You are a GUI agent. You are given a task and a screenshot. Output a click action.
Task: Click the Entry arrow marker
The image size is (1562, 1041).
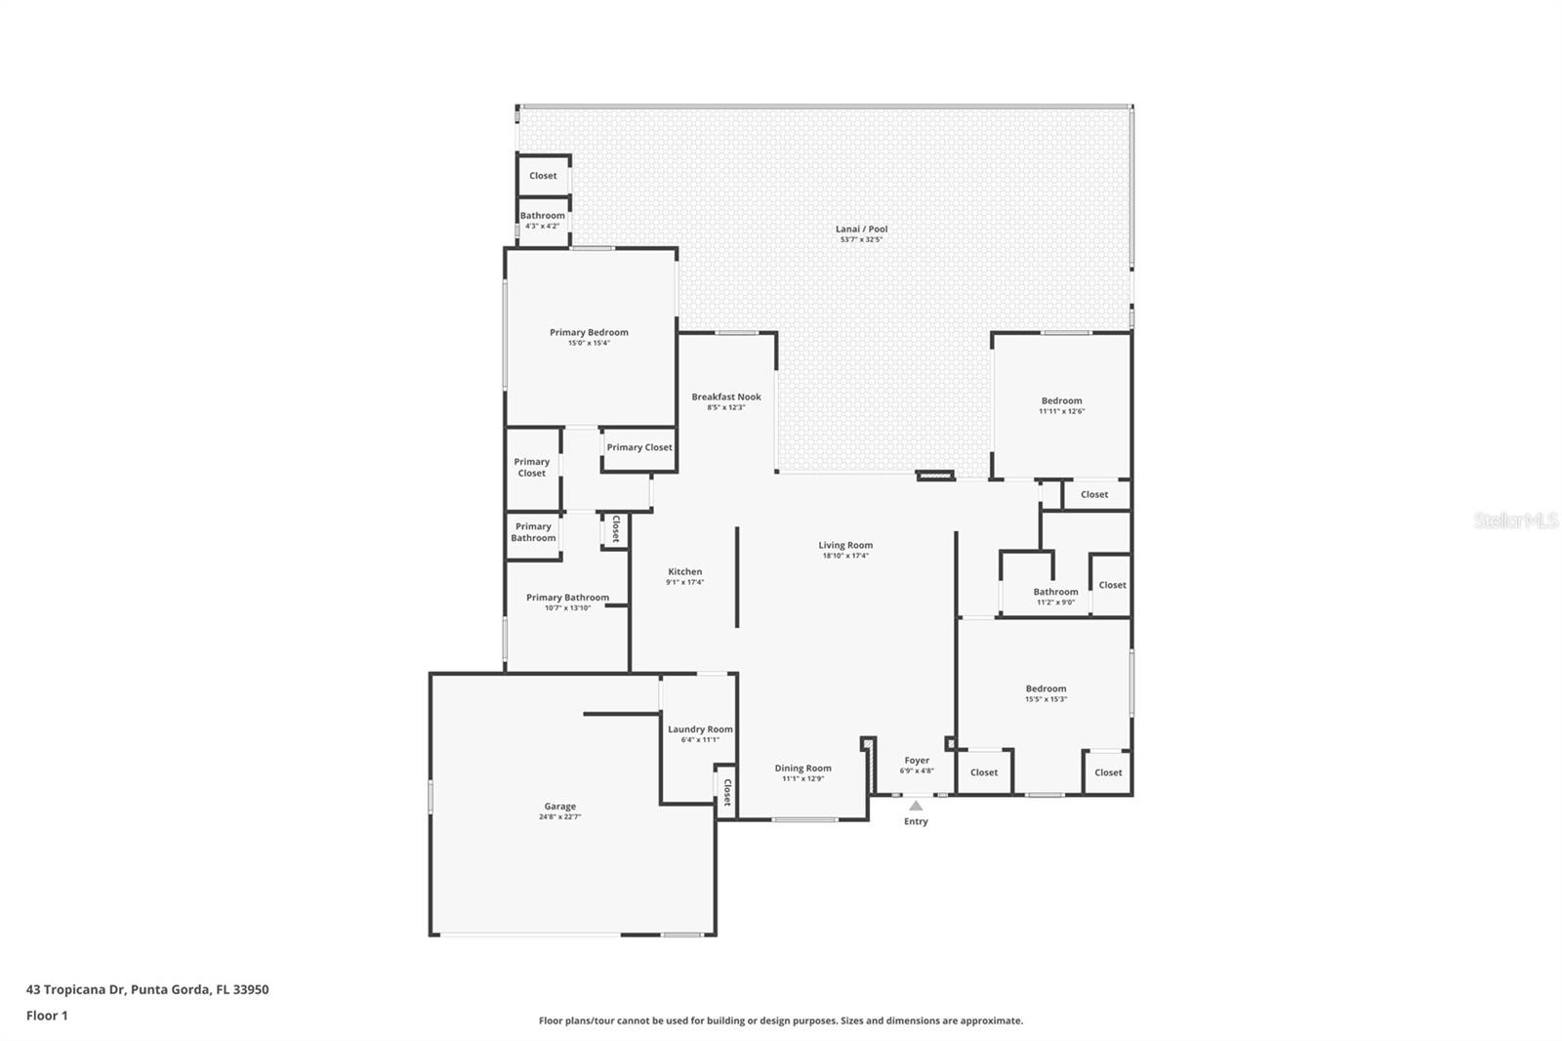pyautogui.click(x=916, y=806)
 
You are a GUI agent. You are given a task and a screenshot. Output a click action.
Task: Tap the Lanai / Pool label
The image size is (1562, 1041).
pyautogui.click(x=861, y=229)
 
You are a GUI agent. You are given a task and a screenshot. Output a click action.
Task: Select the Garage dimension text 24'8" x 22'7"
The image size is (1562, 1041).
pyautogui.click(x=559, y=817)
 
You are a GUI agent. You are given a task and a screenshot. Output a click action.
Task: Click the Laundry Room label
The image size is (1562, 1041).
pyautogui.click(x=700, y=729)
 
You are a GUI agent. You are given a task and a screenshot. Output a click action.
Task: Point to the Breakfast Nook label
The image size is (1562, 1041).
pyautogui.click(x=726, y=396)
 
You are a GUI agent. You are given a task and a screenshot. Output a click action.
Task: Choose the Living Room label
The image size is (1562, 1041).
pyautogui.click(x=845, y=545)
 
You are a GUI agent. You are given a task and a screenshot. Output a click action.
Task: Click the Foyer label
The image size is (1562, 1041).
pyautogui.click(x=917, y=760)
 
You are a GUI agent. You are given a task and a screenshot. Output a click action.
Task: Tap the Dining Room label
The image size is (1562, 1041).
pyautogui.click(x=802, y=769)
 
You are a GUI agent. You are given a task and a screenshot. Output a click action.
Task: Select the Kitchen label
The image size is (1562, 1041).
pyautogui.click(x=684, y=571)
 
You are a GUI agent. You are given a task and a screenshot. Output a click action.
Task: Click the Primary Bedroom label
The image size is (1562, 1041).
pyautogui.click(x=589, y=332)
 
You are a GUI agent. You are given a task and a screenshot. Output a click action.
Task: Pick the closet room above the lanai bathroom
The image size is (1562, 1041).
pyautogui.click(x=543, y=176)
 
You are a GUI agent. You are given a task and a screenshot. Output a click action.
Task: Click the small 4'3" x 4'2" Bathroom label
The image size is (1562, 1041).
pyautogui.click(x=542, y=216)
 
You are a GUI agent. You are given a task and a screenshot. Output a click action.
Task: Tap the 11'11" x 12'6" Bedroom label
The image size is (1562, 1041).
pyautogui.click(x=1061, y=400)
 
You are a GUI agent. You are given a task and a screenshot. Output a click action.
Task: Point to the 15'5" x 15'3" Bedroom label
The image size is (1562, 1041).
pyautogui.click(x=1046, y=688)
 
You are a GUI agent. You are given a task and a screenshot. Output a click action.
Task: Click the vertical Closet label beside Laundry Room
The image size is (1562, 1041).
pyautogui.click(x=726, y=792)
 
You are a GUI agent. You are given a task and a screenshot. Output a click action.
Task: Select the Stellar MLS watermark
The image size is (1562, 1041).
pyautogui.click(x=1515, y=520)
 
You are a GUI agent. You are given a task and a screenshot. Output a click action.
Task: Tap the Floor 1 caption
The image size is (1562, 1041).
pyautogui.click(x=47, y=1016)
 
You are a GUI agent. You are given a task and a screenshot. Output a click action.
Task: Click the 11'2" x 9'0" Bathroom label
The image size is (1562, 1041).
pyautogui.click(x=1055, y=592)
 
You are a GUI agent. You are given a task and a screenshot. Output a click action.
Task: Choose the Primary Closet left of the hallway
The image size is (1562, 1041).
pyautogui.click(x=532, y=468)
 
